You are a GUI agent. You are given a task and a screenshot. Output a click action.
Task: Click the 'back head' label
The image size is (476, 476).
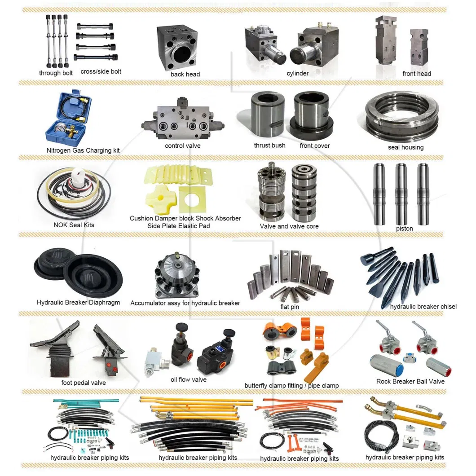pos(185,74)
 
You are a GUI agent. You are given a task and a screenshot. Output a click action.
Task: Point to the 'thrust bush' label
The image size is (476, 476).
pos(269,145)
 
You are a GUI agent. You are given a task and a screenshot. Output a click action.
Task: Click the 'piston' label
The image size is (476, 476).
pos(405,229)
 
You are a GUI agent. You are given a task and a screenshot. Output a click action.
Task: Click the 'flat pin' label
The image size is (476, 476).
pos(289,307)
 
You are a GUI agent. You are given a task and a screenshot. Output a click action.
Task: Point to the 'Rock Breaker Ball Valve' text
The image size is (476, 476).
pos(410,381)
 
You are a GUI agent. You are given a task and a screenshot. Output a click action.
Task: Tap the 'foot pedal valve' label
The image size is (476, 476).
pos(84,383)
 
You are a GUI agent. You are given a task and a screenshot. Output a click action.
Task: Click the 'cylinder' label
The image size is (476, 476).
pos(298,73)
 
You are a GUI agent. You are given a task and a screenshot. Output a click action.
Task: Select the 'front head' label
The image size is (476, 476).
pos(416,74)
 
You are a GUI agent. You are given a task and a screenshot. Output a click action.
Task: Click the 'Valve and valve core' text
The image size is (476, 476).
pos(289,226)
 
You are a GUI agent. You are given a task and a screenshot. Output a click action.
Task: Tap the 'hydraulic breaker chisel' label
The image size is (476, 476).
pos(423,307)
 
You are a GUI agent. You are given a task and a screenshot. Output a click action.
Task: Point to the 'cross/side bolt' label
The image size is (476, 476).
pos(101,71)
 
